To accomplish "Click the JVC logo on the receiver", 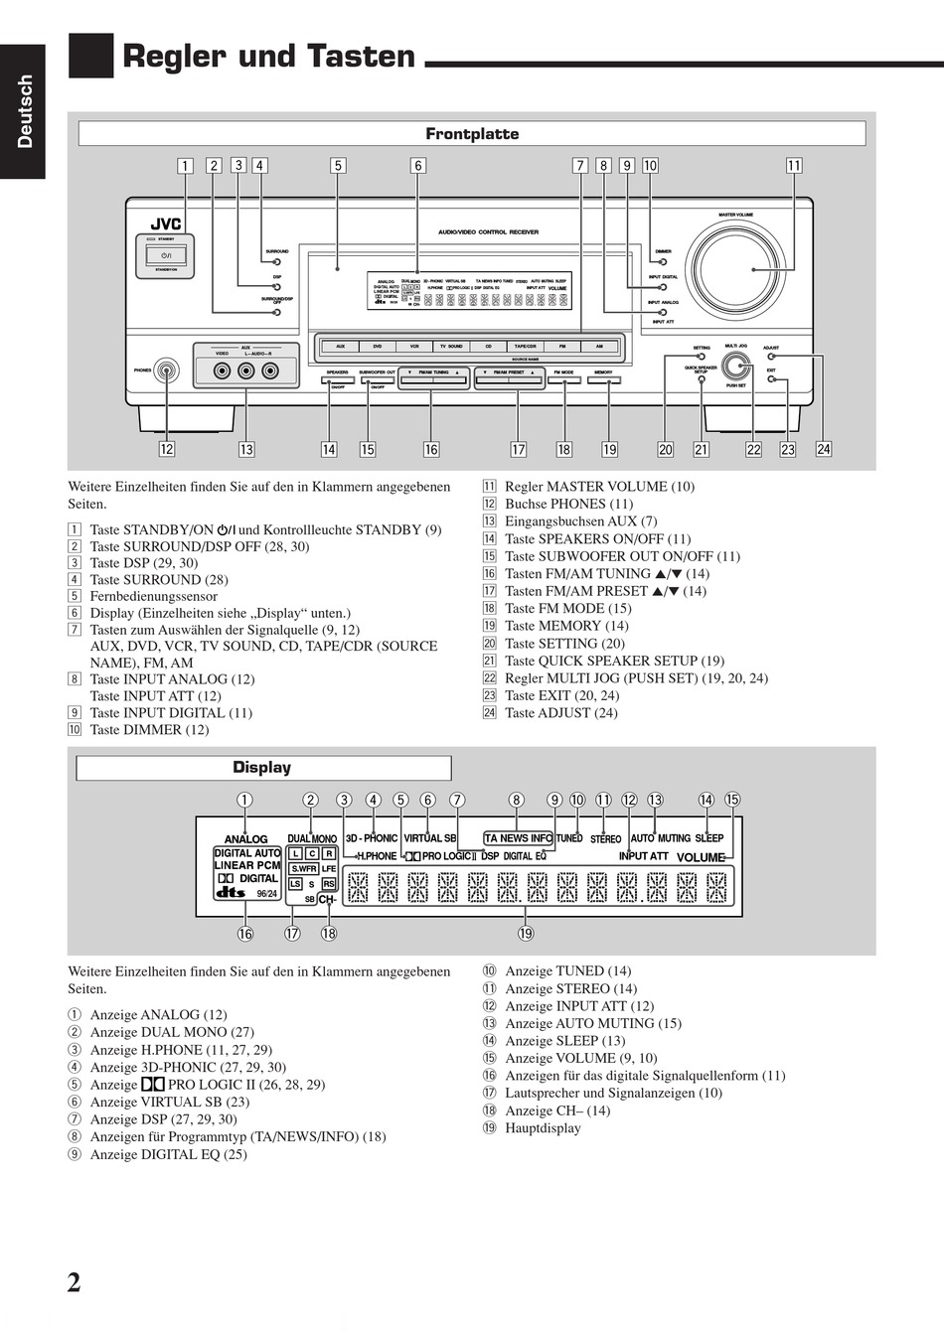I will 165,223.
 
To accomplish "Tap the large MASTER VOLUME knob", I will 736,269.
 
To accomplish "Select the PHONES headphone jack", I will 167,371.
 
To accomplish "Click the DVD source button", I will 378,347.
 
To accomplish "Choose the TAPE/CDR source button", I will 525,347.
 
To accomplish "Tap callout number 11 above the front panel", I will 794,166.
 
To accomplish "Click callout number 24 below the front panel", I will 823,449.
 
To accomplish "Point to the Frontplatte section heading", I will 472,134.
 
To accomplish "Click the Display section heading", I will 262,768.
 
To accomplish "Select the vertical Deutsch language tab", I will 24,111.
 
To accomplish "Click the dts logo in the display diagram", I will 231,892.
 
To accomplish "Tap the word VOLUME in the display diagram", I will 701,857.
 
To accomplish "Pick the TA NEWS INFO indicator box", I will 518,838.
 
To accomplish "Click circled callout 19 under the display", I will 526,933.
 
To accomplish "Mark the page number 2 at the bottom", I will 74,1282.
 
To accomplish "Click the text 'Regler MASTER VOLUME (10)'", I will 599,487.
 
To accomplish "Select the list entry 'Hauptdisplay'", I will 543,1128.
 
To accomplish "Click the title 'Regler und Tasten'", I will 268,58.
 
